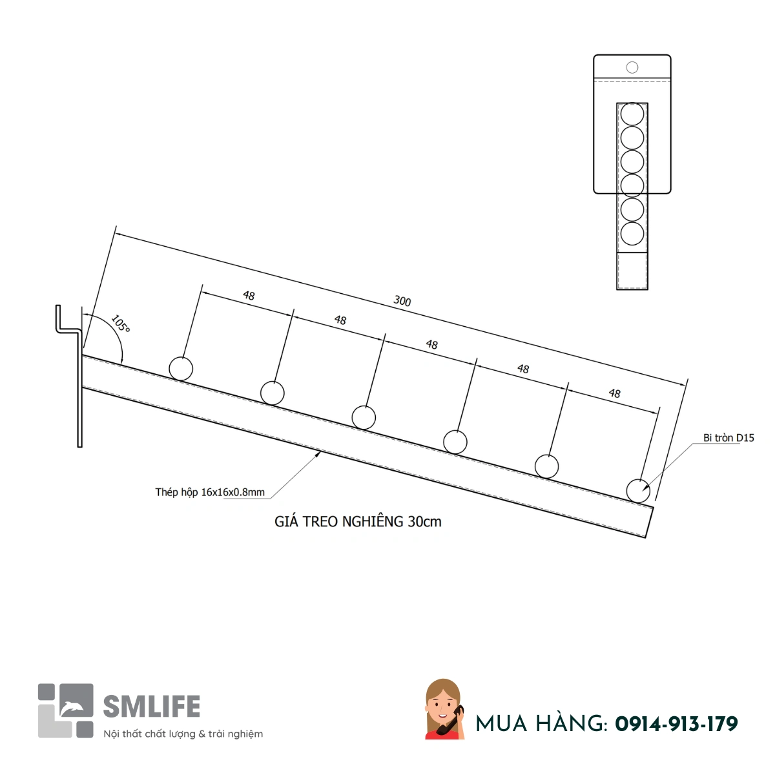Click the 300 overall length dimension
tap(402, 301)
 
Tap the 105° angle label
tap(120, 324)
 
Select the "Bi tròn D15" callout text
tap(728, 438)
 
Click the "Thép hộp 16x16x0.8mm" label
tap(210, 492)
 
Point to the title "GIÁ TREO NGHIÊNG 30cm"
tap(358, 522)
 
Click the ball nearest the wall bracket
tap(181, 369)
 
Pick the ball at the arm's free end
tap(638, 491)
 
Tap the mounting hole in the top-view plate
tap(632, 67)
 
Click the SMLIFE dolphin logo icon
tap(66, 710)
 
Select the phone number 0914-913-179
tap(676, 724)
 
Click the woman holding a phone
tap(444, 708)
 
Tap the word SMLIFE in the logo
tap(152, 707)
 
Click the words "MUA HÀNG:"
tap(542, 724)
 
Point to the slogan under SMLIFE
tap(183, 734)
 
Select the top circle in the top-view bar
tap(632, 114)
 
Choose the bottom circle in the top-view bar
tap(632, 233)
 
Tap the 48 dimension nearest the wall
tap(249, 296)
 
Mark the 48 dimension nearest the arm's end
tap(615, 393)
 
